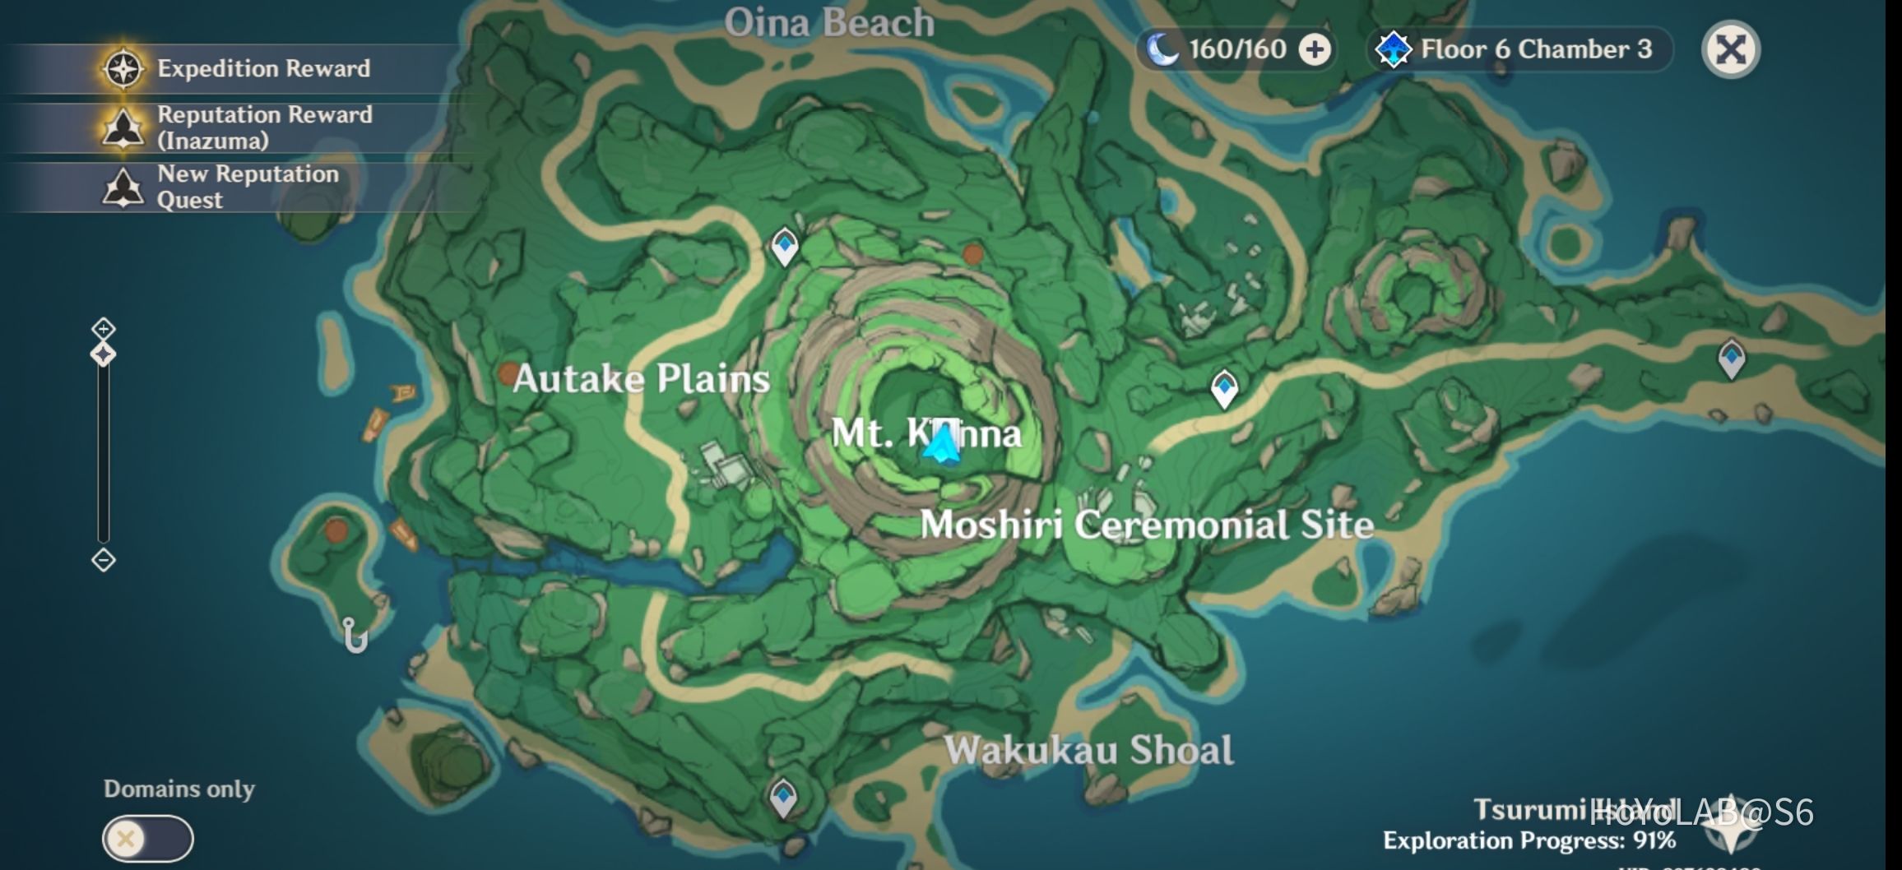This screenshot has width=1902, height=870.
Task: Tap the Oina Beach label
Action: tap(829, 23)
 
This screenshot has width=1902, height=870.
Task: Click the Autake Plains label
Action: tap(641, 379)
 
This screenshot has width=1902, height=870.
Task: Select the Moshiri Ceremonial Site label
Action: tap(1147, 525)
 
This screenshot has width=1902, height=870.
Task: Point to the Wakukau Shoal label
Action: tap(1088, 750)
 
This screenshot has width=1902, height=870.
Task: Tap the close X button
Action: tap(1730, 49)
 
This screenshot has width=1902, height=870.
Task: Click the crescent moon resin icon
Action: tap(1162, 49)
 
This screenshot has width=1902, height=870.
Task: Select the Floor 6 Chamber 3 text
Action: tap(1536, 49)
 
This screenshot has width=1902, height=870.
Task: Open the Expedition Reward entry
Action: tap(263, 68)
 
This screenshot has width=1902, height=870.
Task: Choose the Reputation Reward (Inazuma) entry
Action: tap(263, 127)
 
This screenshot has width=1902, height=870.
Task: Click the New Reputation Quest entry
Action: tap(247, 187)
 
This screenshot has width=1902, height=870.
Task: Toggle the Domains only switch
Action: tap(148, 838)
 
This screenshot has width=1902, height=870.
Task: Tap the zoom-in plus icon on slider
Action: tap(104, 329)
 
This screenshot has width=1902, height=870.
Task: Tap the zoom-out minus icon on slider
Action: tap(104, 560)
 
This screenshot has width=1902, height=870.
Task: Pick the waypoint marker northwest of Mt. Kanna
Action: tap(785, 245)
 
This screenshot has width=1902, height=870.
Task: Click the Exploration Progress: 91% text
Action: tap(1529, 840)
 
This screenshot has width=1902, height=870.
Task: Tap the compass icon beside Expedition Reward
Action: tap(123, 68)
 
